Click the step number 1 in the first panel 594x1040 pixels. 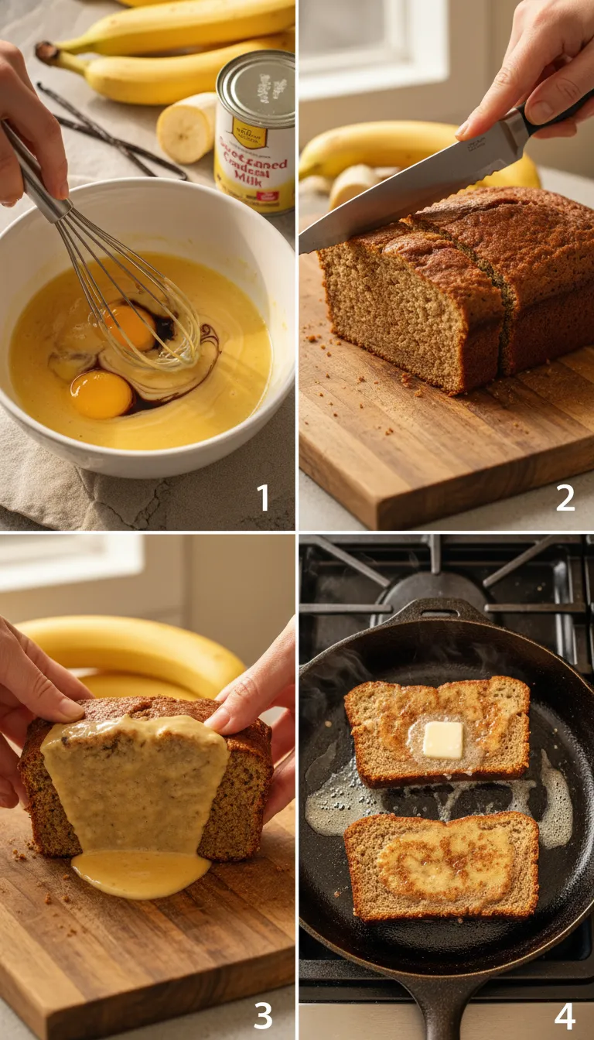[264, 497]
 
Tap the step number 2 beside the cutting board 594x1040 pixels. [565, 497]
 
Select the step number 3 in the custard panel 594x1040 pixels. [263, 1014]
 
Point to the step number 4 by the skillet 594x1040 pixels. [565, 1014]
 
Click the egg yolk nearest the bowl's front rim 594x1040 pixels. [101, 394]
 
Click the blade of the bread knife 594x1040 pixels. [402, 193]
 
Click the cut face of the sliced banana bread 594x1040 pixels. [394, 317]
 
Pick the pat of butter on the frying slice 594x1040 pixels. [443, 739]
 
